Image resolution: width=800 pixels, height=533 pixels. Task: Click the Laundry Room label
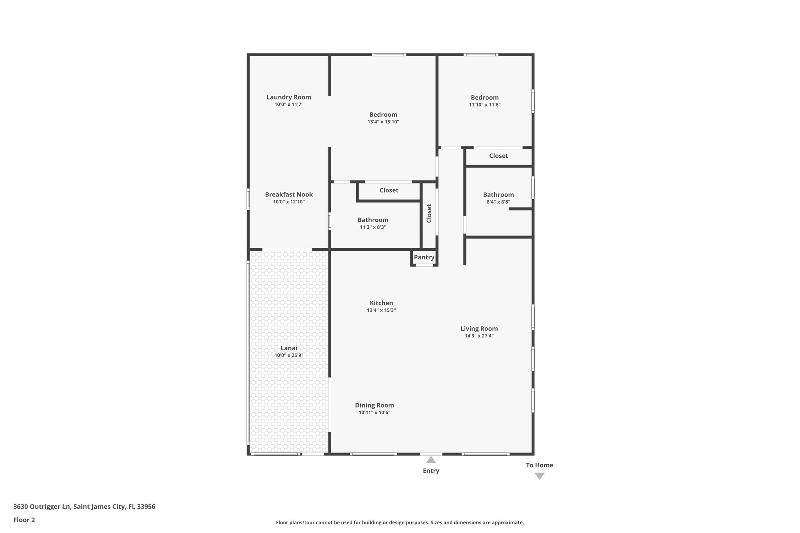click(289, 97)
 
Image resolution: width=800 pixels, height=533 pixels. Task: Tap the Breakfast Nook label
click(289, 194)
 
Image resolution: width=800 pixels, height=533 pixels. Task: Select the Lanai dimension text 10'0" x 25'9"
click(289, 355)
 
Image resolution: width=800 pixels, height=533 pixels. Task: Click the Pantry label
click(424, 257)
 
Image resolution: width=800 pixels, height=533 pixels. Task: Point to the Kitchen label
click(381, 303)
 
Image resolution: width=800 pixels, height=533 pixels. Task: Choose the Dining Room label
click(374, 405)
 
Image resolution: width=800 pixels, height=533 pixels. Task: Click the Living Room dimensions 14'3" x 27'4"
click(479, 336)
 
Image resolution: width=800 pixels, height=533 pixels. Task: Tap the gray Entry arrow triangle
click(431, 460)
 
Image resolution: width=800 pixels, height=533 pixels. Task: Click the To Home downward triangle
click(539, 476)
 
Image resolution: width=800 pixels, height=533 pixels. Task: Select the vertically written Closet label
click(429, 214)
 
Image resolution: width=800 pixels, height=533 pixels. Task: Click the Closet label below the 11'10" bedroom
click(498, 156)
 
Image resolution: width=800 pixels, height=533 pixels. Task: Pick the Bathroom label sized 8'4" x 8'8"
click(498, 195)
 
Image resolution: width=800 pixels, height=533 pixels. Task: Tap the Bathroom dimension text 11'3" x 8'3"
click(373, 227)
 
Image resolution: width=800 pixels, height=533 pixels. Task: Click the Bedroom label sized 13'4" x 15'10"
click(383, 114)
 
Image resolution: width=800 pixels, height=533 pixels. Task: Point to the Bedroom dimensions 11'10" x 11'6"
click(484, 105)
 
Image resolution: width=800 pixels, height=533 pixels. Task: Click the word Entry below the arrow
click(431, 471)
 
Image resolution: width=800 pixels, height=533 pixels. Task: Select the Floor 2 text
click(24, 520)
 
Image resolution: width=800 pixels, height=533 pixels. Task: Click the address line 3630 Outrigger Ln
click(84, 506)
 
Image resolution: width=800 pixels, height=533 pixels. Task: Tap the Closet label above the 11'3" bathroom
click(389, 190)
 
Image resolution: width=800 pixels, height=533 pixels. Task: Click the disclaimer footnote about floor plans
click(400, 522)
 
